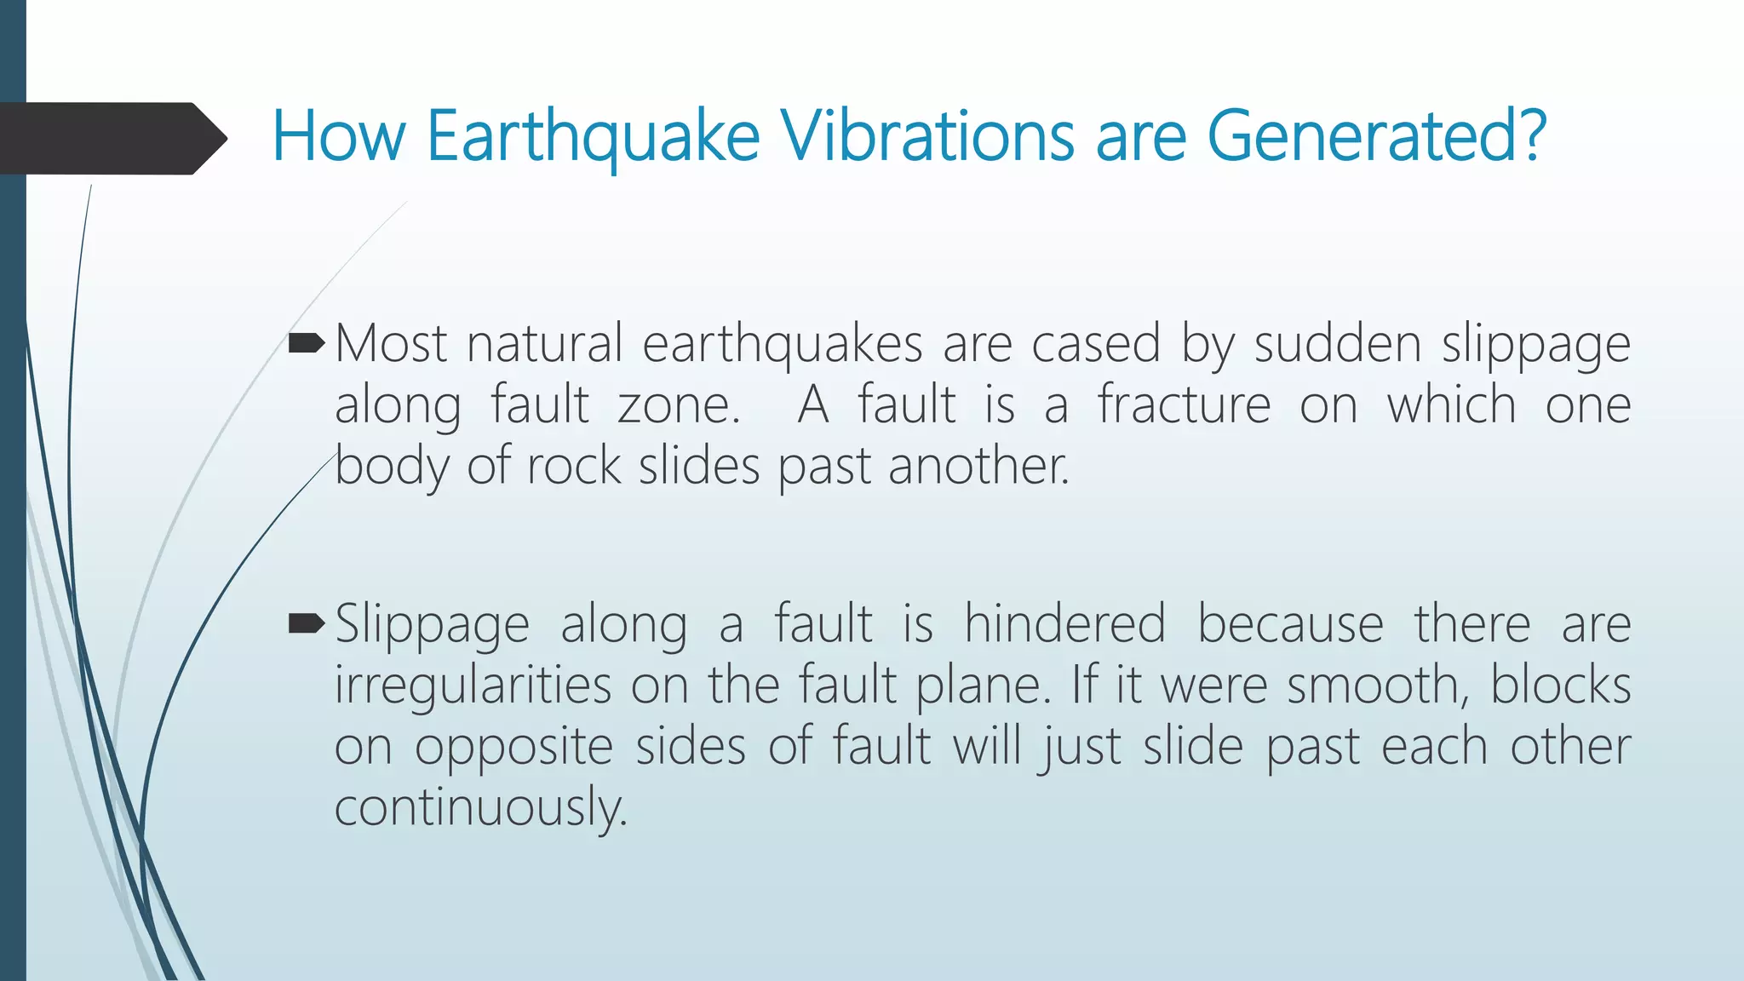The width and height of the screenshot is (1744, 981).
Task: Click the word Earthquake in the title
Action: pos(593,136)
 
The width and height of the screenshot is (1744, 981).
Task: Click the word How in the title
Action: pos(338,136)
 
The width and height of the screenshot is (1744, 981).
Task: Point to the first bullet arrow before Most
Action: pos(307,344)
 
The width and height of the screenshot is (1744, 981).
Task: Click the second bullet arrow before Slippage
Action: pos(307,624)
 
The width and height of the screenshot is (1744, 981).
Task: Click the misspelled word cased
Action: pos(1096,344)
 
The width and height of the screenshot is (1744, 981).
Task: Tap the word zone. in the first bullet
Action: pos(679,405)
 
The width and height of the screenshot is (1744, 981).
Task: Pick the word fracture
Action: pos(1184,405)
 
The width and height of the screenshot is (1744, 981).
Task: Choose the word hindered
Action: pos(1064,624)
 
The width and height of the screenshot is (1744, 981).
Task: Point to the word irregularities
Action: pos(473,686)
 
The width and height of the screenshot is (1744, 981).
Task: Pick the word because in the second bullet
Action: pos(1290,624)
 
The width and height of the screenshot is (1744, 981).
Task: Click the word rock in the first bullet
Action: pos(574,467)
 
